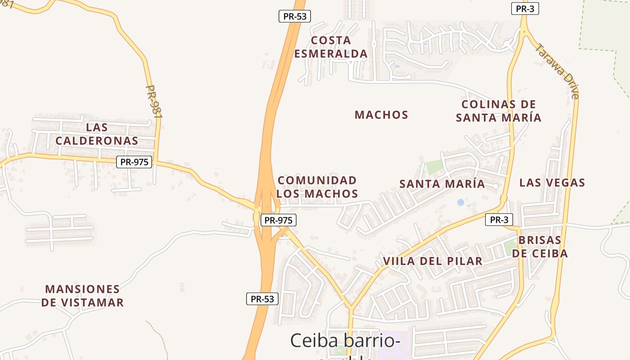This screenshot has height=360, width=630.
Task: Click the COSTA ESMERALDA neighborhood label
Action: tap(331, 47)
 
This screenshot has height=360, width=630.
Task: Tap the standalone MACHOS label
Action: tap(381, 115)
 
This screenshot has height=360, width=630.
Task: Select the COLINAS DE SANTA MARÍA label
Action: tap(499, 111)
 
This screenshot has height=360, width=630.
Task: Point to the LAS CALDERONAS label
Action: tap(97, 134)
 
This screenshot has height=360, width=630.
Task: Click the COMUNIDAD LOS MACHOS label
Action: tap(317, 187)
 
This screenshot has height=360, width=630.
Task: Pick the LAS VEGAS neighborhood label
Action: tap(552, 183)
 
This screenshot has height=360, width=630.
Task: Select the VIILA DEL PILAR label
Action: tap(432, 261)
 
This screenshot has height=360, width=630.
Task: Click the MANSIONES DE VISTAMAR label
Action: tap(82, 296)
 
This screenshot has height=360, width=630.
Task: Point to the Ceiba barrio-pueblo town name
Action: tap(345, 341)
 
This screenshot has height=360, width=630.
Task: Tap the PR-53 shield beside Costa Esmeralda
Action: tap(295, 17)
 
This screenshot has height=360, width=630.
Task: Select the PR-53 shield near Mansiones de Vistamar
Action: tap(262, 299)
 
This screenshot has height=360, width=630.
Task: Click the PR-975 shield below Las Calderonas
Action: tap(134, 162)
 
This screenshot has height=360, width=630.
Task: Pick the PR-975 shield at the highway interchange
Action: tap(278, 220)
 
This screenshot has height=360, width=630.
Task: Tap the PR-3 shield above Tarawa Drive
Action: tap(525, 9)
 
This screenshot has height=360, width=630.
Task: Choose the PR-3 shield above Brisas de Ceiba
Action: tap(499, 220)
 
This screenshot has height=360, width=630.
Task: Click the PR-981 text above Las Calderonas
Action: tap(154, 102)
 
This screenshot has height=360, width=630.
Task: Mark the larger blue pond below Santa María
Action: tap(460, 202)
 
